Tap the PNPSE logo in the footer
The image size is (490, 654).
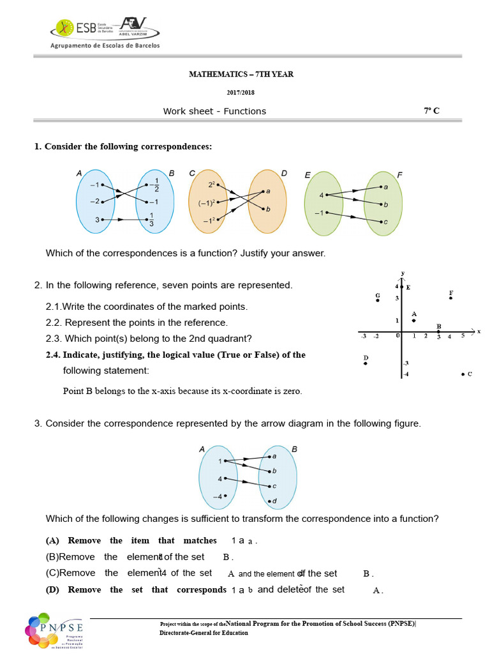(x=55, y=630)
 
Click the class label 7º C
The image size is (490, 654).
(x=431, y=111)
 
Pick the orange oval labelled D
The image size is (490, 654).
(x=267, y=201)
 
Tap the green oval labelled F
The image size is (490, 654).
(x=383, y=204)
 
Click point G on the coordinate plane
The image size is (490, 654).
(x=378, y=300)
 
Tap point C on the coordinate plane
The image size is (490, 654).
(x=463, y=374)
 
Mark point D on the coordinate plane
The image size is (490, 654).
(x=366, y=363)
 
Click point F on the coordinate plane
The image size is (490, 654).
(x=451, y=298)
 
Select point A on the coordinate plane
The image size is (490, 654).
(x=414, y=320)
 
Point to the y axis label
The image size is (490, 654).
(x=403, y=273)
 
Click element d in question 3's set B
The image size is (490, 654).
(x=271, y=501)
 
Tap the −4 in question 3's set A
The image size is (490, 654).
(x=218, y=496)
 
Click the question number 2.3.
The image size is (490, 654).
(x=54, y=338)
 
